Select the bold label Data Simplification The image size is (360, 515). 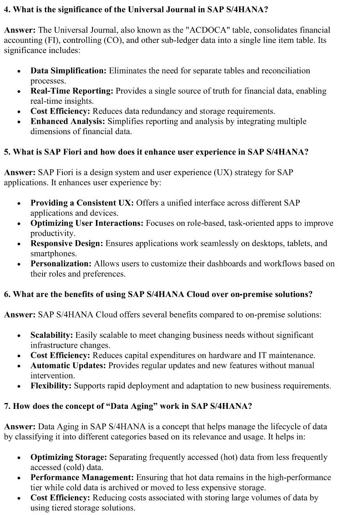(68, 71)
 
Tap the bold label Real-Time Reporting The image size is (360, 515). (72, 91)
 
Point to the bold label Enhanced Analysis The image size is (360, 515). (68, 121)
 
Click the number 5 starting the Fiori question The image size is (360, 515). (6, 152)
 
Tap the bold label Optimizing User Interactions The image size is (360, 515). (87, 223)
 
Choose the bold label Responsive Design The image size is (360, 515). (67, 243)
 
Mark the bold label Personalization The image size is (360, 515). (61, 264)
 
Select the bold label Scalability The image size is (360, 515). (51, 335)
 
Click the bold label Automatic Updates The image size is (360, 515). (68, 366)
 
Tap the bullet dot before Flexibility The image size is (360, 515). (19, 386)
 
